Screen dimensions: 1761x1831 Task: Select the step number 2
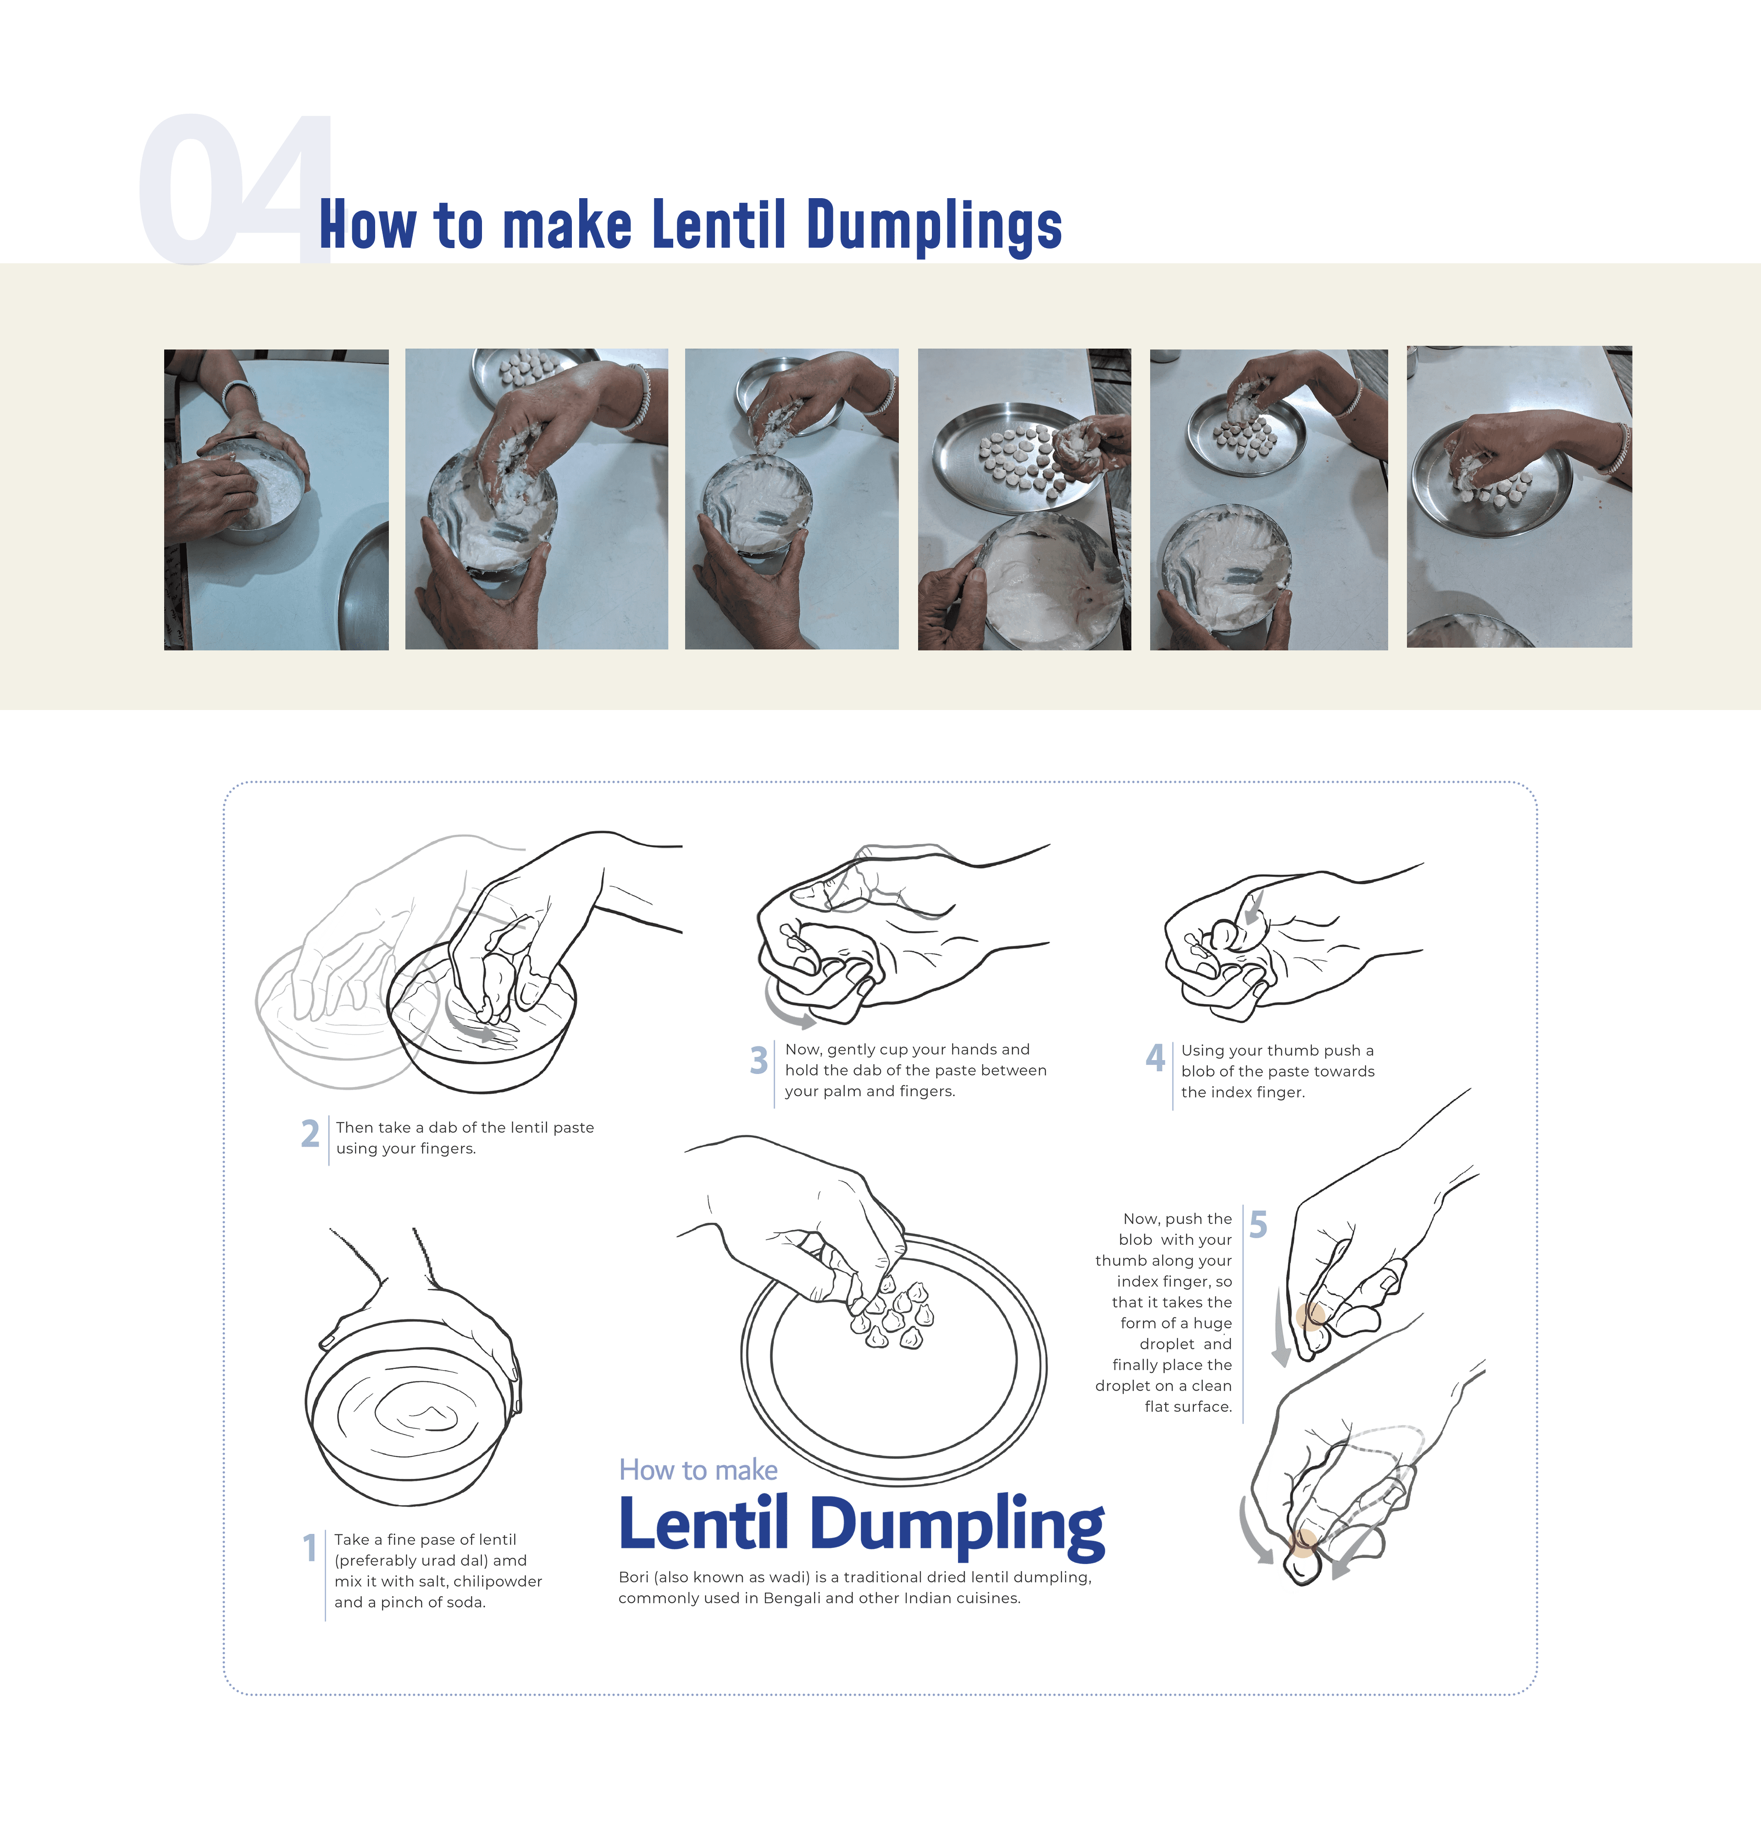pyautogui.click(x=310, y=1133)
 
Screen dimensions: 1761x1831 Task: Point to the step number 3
pyautogui.click(x=759, y=1060)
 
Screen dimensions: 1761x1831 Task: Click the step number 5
pyautogui.click(x=1258, y=1224)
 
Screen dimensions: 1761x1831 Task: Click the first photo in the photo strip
pyautogui.click(x=277, y=500)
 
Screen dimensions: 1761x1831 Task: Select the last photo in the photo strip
pyautogui.click(x=1519, y=497)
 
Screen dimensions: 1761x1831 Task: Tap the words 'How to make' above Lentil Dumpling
pyautogui.click(x=698, y=1470)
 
